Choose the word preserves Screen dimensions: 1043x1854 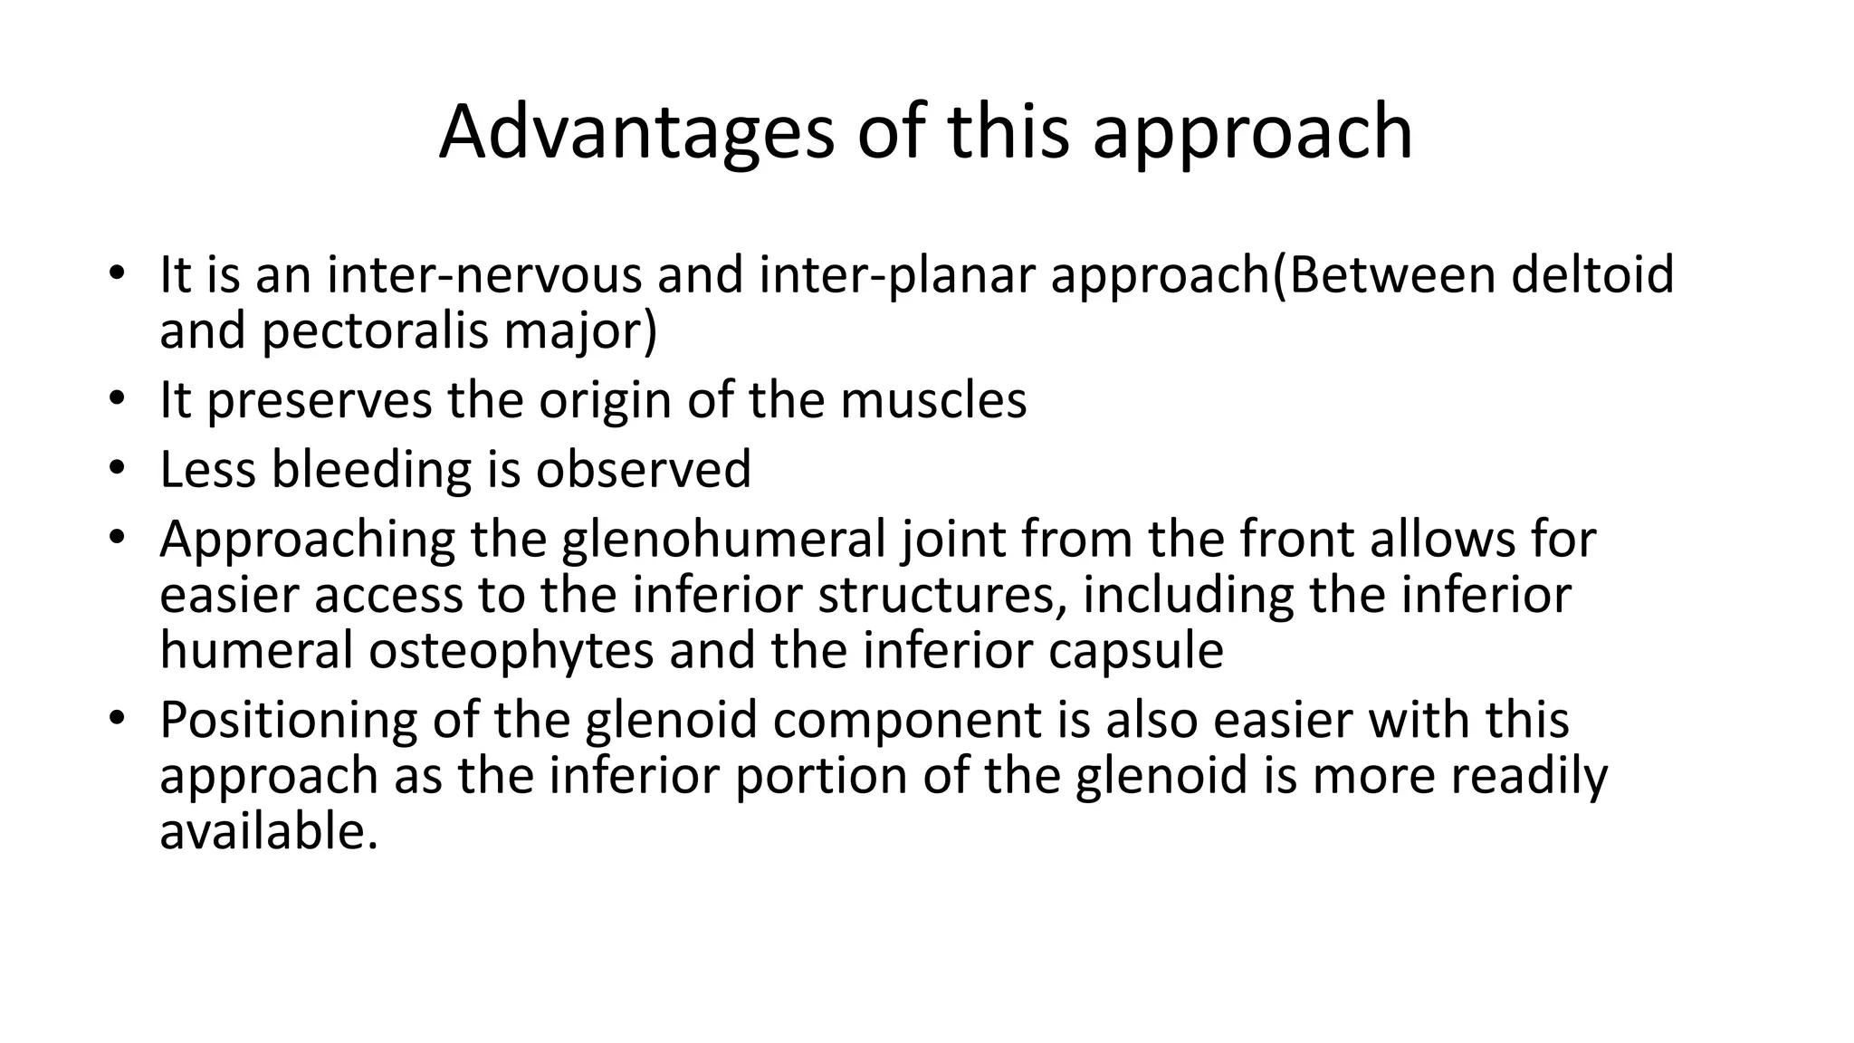[320, 400]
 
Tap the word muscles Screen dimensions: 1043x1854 [933, 400]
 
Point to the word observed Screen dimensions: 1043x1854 [643, 470]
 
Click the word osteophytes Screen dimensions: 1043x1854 [511, 652]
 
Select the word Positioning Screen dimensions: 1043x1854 [288, 721]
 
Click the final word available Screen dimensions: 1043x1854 [268, 831]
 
